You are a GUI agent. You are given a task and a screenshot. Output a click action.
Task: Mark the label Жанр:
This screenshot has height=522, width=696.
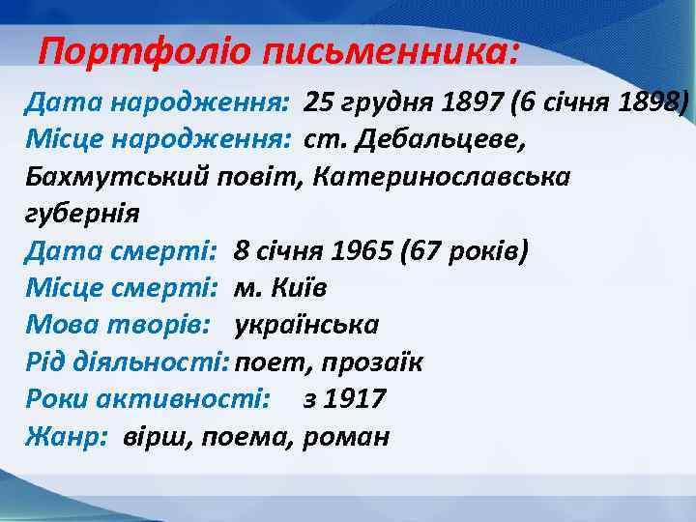(x=65, y=437)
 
